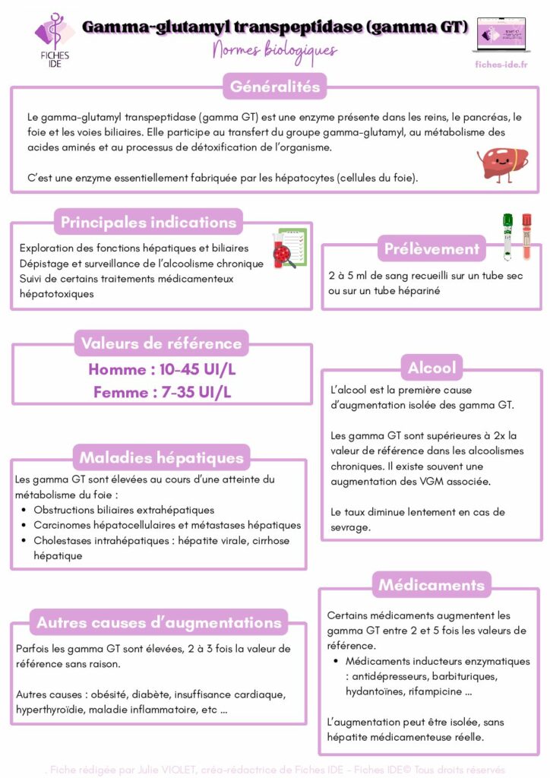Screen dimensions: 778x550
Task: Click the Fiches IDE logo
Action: (x=52, y=40)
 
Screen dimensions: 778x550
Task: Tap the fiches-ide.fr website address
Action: (x=501, y=65)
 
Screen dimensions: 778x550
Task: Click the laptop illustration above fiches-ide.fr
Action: (x=500, y=35)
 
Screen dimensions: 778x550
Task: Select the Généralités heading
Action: (x=275, y=87)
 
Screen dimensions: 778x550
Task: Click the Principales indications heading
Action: (x=148, y=223)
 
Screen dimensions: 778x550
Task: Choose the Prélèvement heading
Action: (x=431, y=248)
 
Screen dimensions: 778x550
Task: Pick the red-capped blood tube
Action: (x=526, y=233)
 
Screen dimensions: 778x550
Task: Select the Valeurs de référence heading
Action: (x=161, y=343)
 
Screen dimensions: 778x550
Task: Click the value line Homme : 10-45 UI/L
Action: (x=163, y=370)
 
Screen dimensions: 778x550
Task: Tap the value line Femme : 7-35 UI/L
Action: (x=163, y=393)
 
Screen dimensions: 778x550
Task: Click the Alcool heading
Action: (x=431, y=368)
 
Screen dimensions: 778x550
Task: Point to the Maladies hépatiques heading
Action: (x=161, y=458)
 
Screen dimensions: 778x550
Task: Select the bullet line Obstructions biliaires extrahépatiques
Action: (x=124, y=510)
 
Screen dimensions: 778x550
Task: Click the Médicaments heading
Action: (x=431, y=585)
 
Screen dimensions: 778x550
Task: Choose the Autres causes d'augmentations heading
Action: (x=159, y=623)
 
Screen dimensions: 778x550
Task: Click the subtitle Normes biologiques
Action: (x=275, y=51)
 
